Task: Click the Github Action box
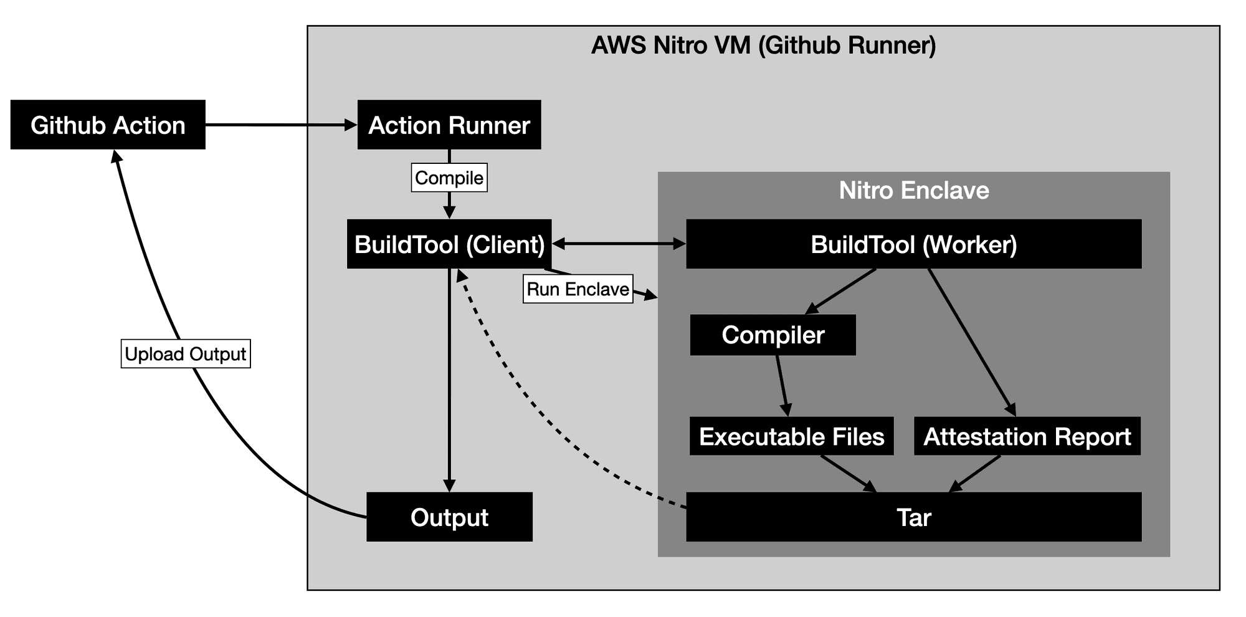[108, 125]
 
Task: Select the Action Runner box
[449, 125]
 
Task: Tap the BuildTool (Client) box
[449, 244]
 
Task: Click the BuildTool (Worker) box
[913, 244]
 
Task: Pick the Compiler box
[773, 335]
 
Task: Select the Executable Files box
[791, 436]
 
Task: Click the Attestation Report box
[1027, 436]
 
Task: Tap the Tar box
[913, 517]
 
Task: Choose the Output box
[449, 517]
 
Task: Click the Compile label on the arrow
[449, 178]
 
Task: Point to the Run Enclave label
[578, 289]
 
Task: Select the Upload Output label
[186, 354]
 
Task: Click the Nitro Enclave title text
[913, 191]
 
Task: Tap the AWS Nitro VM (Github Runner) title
[763, 45]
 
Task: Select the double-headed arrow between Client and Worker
[619, 244]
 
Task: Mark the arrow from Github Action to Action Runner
[280, 125]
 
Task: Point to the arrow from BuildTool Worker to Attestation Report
[972, 343]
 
